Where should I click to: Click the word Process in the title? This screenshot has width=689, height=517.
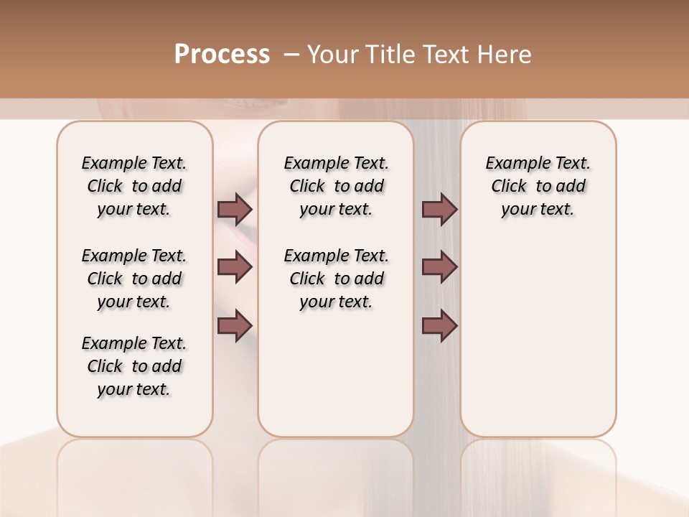click(x=222, y=54)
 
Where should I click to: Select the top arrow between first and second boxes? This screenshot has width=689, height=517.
click(x=235, y=209)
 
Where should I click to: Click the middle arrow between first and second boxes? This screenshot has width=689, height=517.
click(x=235, y=267)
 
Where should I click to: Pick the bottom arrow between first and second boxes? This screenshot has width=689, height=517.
click(x=235, y=325)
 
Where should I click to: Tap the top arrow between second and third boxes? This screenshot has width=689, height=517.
click(x=439, y=209)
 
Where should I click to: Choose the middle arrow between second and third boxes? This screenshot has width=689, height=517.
click(x=439, y=267)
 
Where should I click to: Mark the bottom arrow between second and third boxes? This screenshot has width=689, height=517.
click(x=439, y=325)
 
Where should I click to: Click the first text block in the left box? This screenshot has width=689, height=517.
click(x=134, y=186)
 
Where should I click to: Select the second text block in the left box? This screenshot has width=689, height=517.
click(x=134, y=279)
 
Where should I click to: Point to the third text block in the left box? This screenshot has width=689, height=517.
click(x=134, y=366)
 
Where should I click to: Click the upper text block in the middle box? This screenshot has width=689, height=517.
click(x=337, y=186)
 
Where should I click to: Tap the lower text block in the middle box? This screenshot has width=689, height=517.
click(x=337, y=279)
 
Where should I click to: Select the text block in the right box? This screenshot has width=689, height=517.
click(x=538, y=186)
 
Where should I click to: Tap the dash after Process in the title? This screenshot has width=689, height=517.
click(x=291, y=55)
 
